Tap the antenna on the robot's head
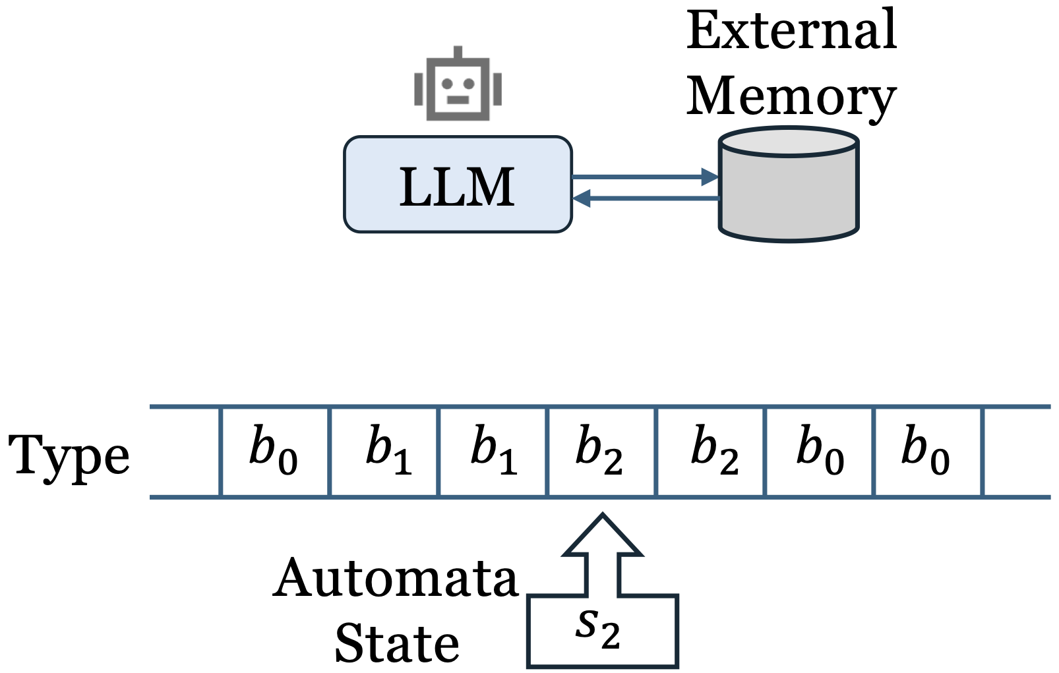point(458,52)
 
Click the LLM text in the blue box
point(457,187)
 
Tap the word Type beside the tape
point(69,454)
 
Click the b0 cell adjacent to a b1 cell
point(274,452)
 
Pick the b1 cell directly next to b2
point(493,452)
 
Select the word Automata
point(396,579)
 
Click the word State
point(397,643)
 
